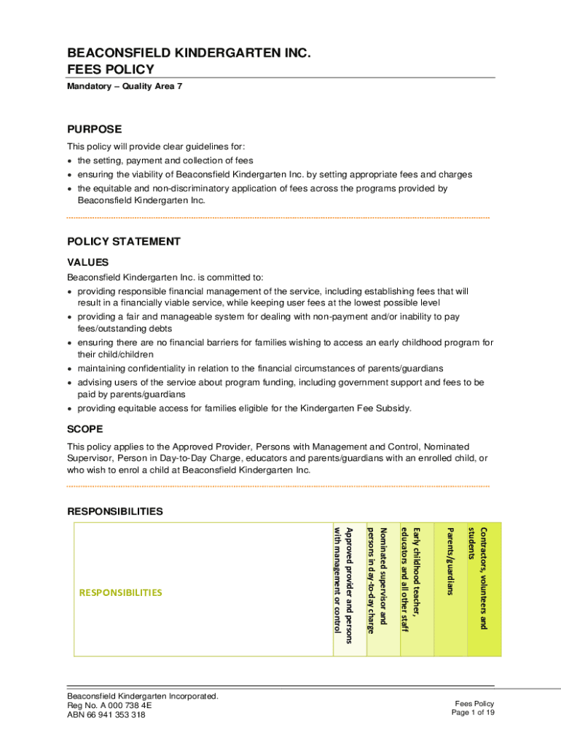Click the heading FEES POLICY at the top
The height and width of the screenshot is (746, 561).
111,69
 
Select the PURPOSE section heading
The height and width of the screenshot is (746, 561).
95,129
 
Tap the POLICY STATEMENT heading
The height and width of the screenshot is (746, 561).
124,241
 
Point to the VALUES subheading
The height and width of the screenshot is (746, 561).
88,262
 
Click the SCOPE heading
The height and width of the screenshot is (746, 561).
85,429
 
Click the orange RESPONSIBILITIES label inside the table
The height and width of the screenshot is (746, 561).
121,592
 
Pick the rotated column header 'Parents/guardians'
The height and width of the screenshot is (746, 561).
450,561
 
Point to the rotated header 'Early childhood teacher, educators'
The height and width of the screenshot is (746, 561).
410,579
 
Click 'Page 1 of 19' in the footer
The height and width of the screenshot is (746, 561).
473,712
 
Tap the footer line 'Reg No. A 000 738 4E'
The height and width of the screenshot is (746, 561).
109,706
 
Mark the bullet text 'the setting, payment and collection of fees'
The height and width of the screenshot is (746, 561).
165,160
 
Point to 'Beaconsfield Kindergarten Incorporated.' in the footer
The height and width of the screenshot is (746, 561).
143,696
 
